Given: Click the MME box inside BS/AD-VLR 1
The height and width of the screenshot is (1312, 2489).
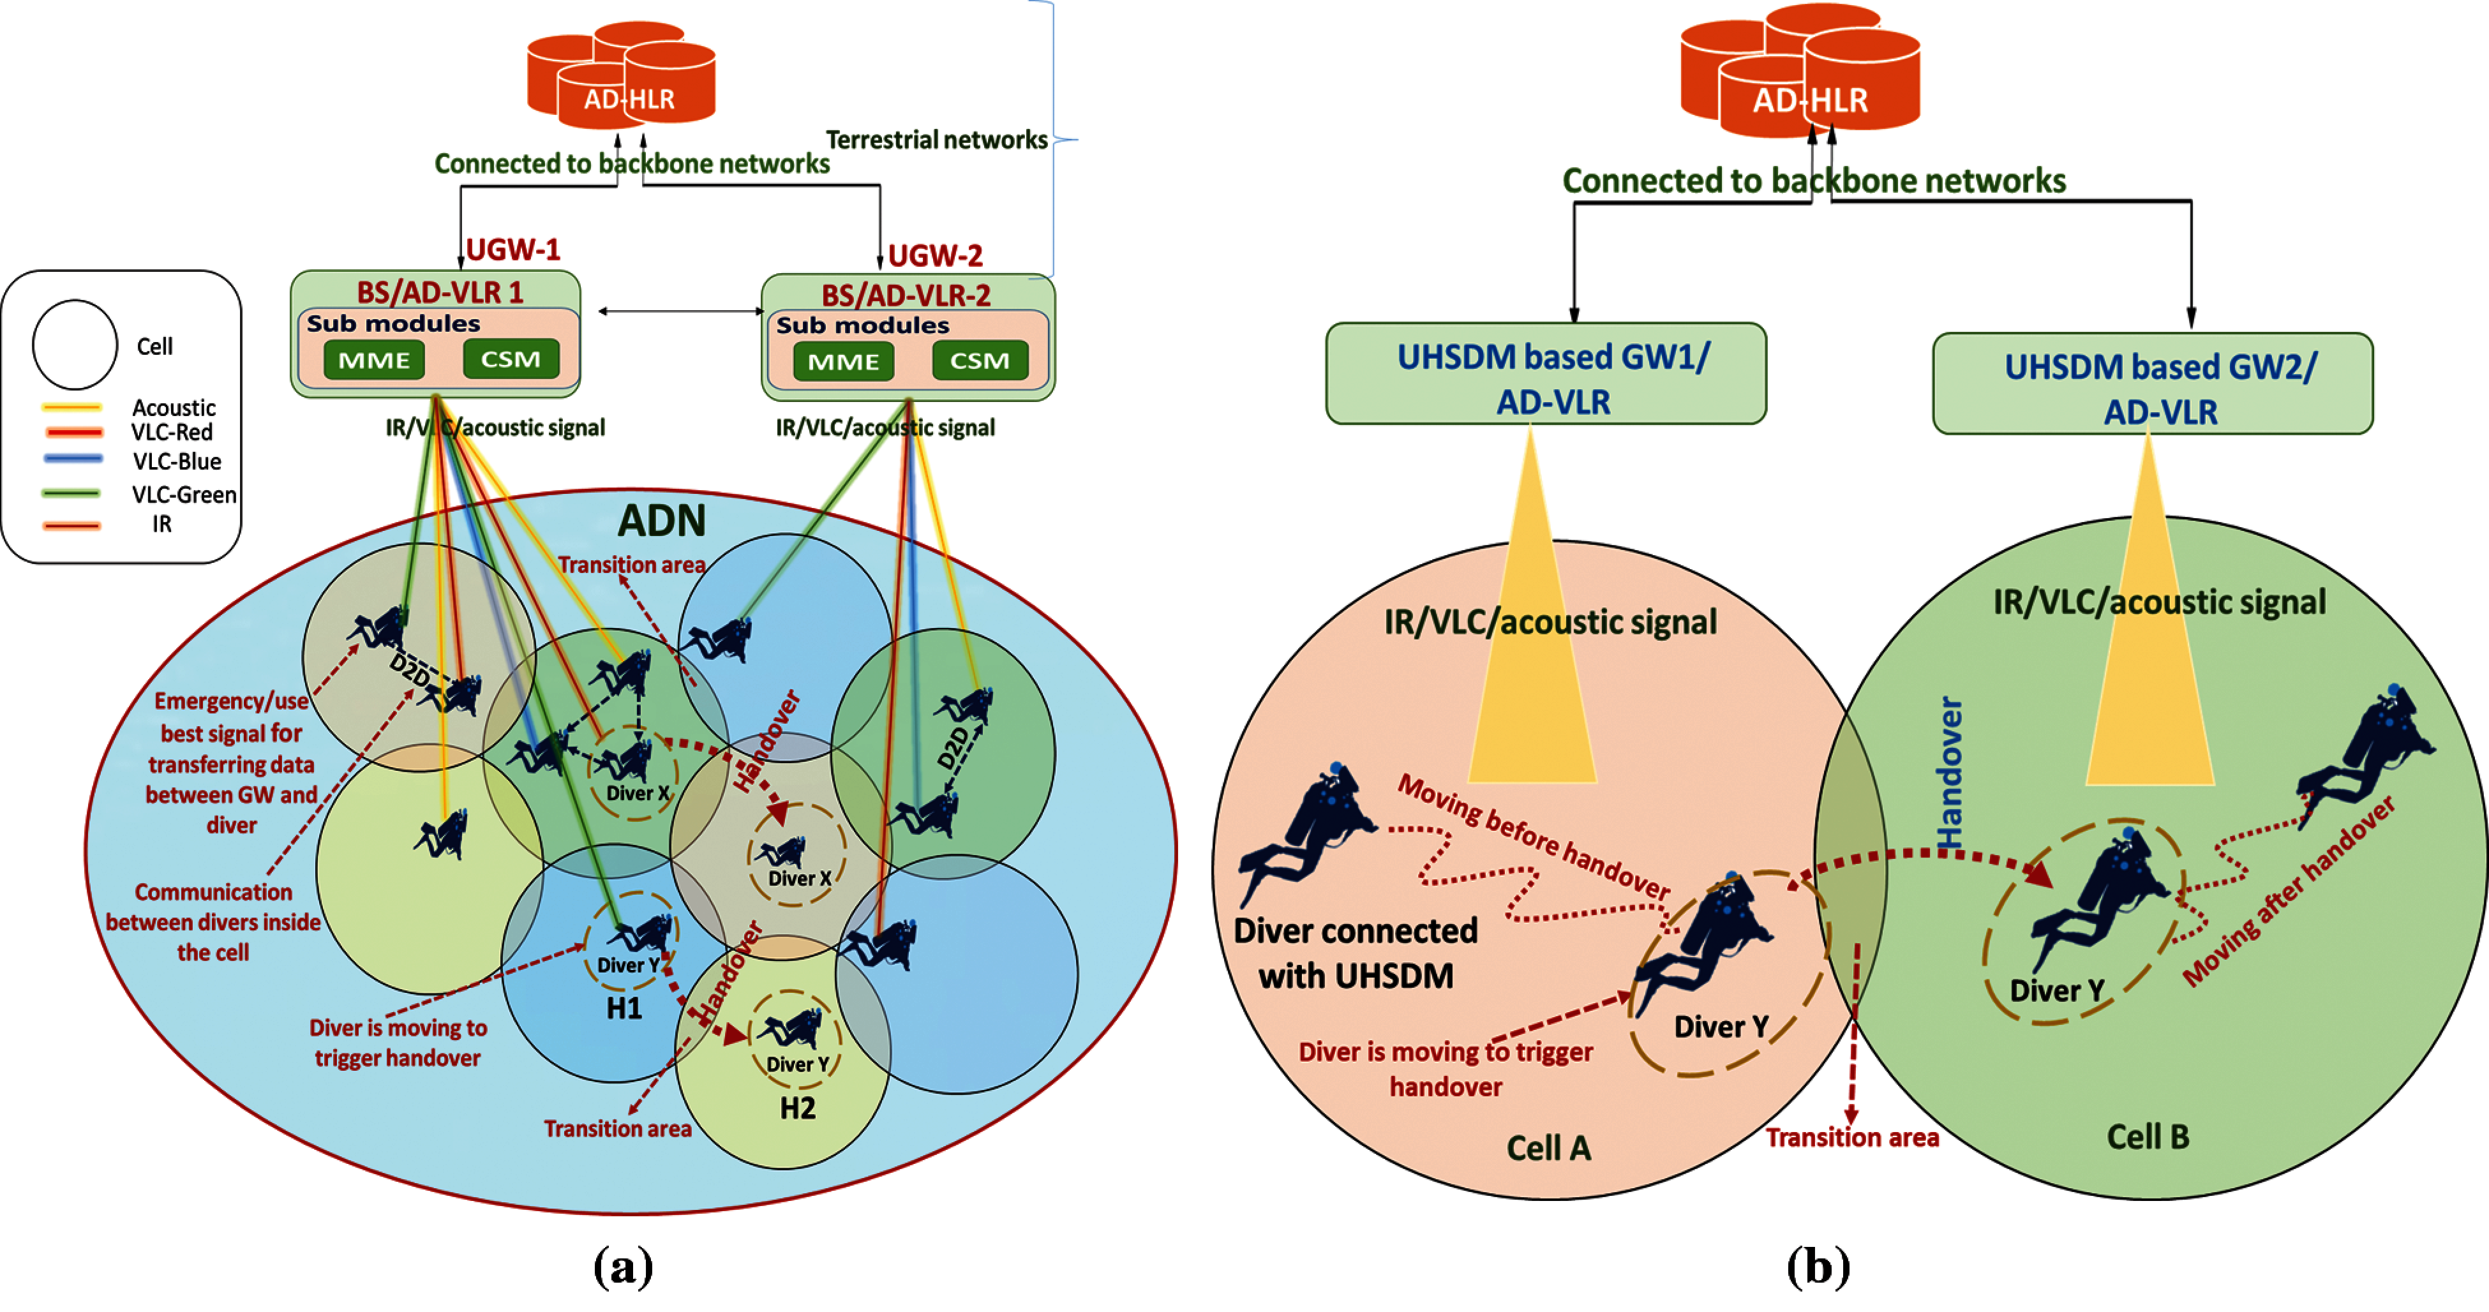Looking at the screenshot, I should click(x=374, y=361).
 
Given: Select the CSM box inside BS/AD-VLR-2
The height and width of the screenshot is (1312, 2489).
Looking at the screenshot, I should click(x=979, y=361).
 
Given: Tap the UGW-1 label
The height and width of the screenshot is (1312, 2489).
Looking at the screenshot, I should click(x=513, y=250).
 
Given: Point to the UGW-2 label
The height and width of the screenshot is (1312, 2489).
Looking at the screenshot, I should click(x=934, y=256).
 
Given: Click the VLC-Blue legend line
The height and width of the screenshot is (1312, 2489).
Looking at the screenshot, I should click(x=73, y=459).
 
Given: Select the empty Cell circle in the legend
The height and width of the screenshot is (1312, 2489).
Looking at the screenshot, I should click(x=75, y=344).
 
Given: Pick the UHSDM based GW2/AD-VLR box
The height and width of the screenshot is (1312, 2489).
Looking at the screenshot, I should click(x=2152, y=385).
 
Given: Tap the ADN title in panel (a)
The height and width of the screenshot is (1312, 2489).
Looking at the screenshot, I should click(x=662, y=522).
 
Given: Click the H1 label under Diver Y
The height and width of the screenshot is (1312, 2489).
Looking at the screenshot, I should click(x=624, y=1009).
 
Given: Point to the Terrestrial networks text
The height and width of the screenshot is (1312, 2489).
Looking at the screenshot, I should click(x=936, y=140).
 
